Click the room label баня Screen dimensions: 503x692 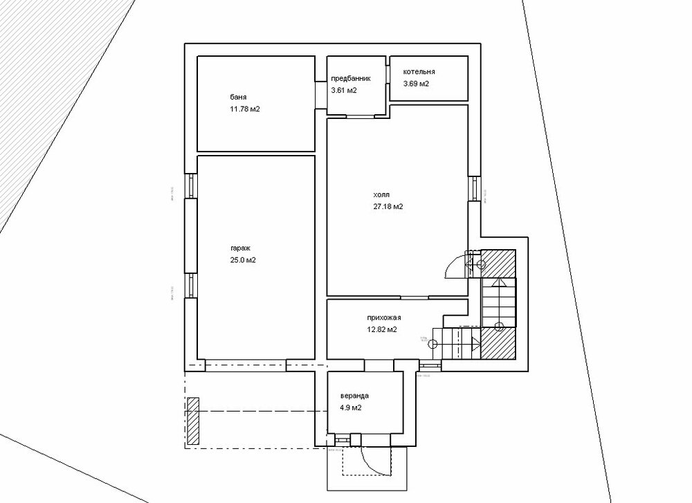(238, 97)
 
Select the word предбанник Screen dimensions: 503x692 (351, 79)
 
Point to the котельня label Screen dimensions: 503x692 (419, 72)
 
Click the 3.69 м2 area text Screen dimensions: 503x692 (416, 84)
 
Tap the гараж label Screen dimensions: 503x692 (242, 247)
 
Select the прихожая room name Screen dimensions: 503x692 (384, 318)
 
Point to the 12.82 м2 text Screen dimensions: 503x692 (382, 329)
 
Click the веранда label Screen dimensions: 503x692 (354, 396)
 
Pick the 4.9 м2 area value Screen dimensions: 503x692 (351, 408)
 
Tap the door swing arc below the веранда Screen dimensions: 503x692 (374, 462)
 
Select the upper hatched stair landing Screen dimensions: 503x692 (498, 262)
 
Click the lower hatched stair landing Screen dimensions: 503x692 (498, 343)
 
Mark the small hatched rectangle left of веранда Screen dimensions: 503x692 (193, 421)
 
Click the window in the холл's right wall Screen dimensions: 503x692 (474, 189)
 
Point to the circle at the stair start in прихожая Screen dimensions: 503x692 (435, 343)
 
